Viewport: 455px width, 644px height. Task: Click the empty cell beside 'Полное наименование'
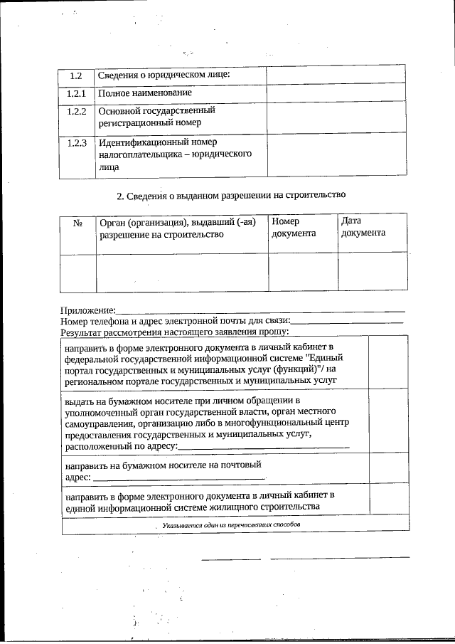point(337,93)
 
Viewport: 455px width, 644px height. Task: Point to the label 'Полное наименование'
point(145,93)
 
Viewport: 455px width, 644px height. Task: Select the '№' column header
point(77,223)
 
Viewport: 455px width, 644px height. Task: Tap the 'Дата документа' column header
point(363,227)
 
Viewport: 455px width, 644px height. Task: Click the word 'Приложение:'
point(87,311)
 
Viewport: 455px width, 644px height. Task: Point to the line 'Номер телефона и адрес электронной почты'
point(174,321)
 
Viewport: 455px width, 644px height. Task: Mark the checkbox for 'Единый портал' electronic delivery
point(388,364)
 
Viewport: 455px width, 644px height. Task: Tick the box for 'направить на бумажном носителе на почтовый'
point(388,469)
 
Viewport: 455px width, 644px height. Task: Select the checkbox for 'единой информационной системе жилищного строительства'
point(388,501)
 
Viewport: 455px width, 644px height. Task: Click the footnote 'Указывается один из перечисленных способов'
point(231,524)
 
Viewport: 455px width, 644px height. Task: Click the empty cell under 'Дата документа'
point(373,273)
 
